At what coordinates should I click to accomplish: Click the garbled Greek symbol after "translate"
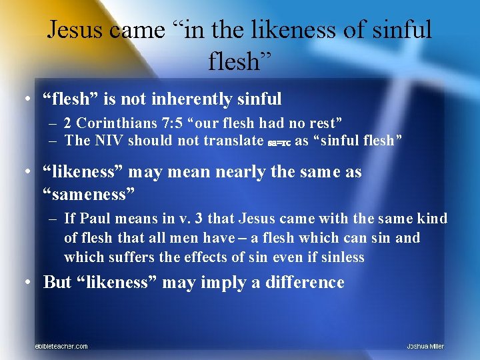[x=278, y=142]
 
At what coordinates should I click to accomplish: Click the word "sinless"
[x=343, y=257]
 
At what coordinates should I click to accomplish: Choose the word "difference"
[x=305, y=282]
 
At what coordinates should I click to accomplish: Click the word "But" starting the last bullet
[x=57, y=282]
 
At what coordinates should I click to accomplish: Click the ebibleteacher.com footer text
[x=61, y=346]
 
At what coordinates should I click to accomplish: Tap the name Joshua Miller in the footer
[x=425, y=346]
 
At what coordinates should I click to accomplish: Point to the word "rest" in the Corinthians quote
[x=322, y=123]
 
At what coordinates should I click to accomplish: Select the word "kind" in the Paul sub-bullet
[x=434, y=219]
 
